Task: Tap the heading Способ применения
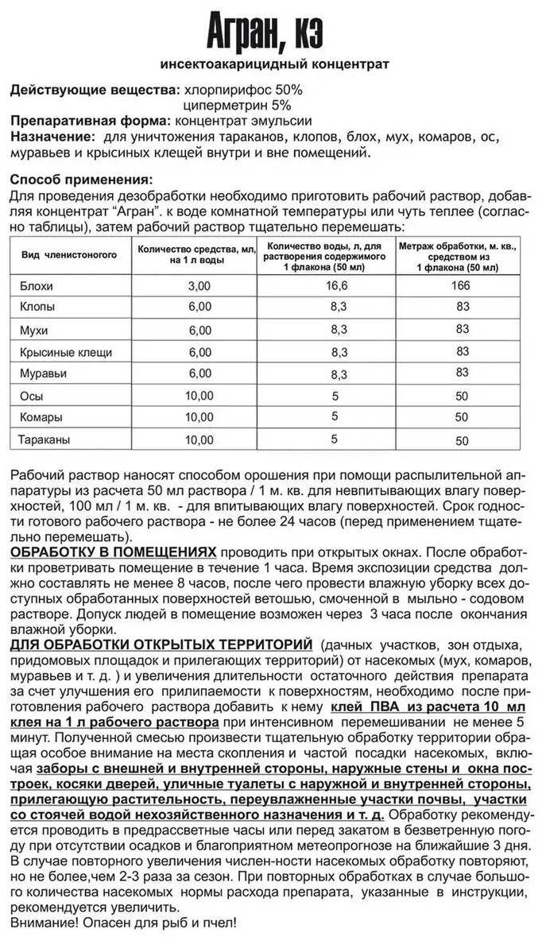tap(81, 179)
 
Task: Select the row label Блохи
tap(36, 285)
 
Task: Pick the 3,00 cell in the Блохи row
tap(199, 286)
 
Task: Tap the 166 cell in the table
tap(462, 284)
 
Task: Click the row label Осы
tap(31, 395)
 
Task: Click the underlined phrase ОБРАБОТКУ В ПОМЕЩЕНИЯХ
tap(113, 551)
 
